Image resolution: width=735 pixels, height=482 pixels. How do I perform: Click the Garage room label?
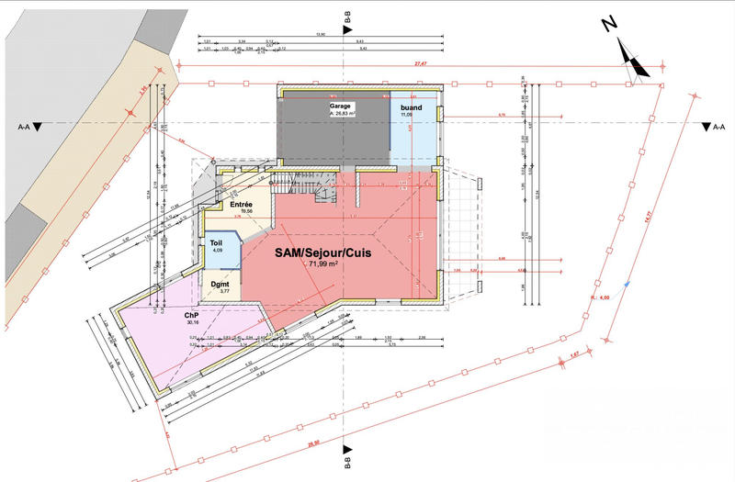click(x=342, y=106)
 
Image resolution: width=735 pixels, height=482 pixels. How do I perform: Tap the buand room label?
click(x=412, y=107)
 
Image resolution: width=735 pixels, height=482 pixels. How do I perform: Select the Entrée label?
click(x=242, y=204)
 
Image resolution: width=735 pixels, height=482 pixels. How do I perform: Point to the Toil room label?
click(x=216, y=242)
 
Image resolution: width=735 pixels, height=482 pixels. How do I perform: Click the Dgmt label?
click(x=219, y=284)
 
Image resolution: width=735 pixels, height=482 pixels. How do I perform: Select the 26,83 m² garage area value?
click(x=344, y=115)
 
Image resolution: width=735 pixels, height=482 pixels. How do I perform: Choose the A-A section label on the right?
click(x=720, y=129)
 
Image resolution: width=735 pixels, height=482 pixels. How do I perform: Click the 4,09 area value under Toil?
click(x=218, y=251)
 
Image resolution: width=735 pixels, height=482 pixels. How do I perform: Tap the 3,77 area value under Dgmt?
click(x=219, y=292)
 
